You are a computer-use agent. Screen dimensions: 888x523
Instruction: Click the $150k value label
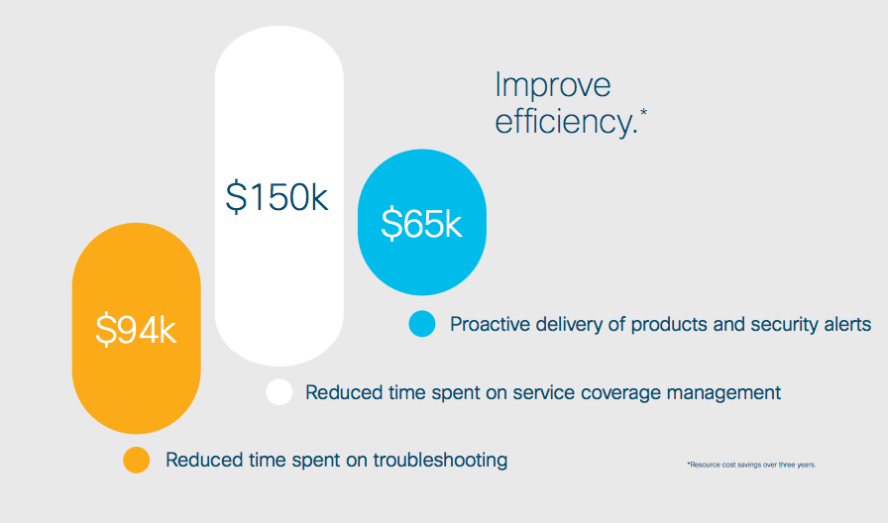[277, 197]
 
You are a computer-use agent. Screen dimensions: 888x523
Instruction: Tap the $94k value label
[136, 330]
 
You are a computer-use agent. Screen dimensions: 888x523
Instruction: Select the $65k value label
[421, 223]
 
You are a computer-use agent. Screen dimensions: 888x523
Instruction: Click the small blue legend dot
[422, 324]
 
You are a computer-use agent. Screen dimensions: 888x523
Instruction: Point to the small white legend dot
[279, 391]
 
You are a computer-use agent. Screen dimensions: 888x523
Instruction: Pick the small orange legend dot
[137, 460]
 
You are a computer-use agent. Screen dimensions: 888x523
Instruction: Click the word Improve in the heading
[553, 86]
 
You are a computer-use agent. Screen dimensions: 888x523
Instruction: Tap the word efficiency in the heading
[566, 122]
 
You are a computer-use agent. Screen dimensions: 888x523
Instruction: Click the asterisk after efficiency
[643, 113]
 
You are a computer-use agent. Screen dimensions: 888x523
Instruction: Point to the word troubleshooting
[440, 461]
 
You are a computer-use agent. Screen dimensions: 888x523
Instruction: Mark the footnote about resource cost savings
[751, 465]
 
